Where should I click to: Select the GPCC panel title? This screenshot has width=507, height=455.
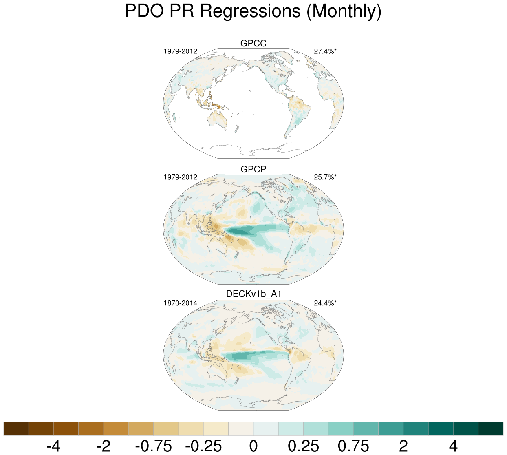(x=253, y=43)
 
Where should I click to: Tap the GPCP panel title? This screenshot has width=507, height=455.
(x=253, y=169)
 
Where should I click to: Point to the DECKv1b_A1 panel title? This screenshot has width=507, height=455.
(x=253, y=294)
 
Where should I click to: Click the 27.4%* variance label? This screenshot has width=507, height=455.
(x=325, y=51)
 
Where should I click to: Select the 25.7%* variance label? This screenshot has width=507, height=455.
(x=325, y=177)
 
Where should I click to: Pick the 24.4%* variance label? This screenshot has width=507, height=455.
(x=325, y=303)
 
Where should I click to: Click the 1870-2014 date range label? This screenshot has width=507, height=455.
(x=180, y=303)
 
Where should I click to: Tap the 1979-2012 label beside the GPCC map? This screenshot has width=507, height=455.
(x=180, y=51)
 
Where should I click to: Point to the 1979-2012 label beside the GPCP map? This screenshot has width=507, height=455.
(x=180, y=177)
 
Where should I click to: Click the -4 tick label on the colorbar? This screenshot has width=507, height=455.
(x=53, y=446)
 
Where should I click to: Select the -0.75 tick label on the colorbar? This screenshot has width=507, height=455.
(x=153, y=446)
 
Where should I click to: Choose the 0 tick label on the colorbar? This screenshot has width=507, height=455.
(x=253, y=446)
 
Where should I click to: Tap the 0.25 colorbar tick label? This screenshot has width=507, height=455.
(x=303, y=446)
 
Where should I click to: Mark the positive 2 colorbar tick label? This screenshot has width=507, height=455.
(x=403, y=446)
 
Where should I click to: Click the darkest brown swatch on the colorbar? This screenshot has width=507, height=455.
(x=16, y=429)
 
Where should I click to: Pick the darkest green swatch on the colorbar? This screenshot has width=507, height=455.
(x=491, y=429)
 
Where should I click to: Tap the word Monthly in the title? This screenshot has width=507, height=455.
(x=343, y=11)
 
